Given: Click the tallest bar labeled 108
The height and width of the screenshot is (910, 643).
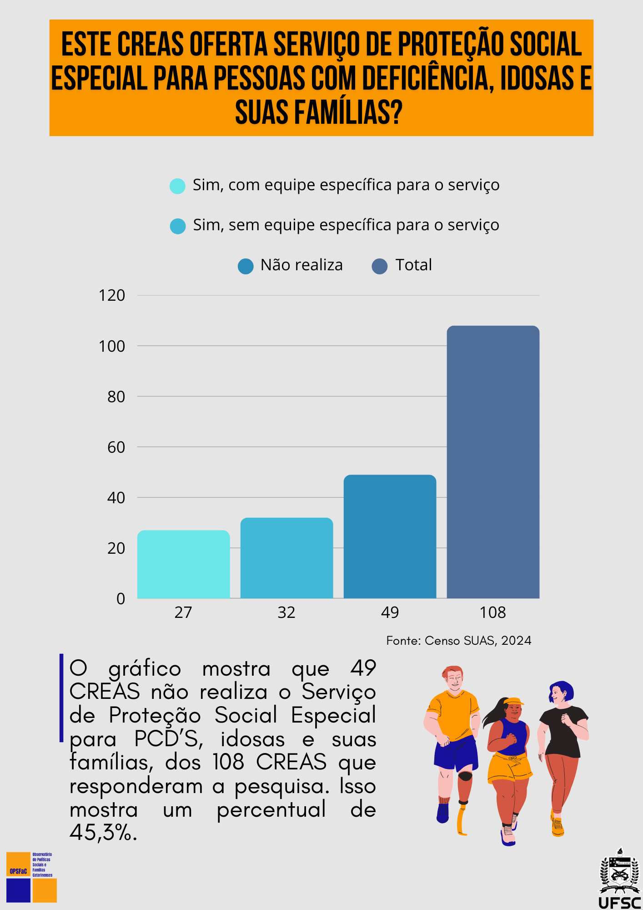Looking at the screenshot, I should coord(493,462).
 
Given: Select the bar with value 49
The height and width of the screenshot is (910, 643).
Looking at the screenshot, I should coord(390,537).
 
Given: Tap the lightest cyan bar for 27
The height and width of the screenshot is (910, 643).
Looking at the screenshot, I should coord(183,564).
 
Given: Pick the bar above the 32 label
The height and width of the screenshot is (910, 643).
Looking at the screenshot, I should coord(286,558).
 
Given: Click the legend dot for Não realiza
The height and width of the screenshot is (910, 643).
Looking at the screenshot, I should coord(246,266).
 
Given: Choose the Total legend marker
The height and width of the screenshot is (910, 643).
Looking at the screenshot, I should coord(380,266).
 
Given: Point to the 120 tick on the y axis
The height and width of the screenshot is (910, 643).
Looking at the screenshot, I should coord(112,296).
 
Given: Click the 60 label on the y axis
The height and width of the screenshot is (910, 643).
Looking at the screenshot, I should coord(116,448).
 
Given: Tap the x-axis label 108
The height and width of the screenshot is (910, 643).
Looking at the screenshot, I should coord(492,613).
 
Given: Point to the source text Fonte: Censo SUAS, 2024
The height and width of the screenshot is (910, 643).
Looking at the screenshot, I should coord(458,641).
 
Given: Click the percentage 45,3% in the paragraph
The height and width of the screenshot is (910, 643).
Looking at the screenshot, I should coord(103,833).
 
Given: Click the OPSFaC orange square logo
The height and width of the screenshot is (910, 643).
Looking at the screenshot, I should coord(18,864).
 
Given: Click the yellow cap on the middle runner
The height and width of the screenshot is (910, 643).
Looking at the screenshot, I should coord(514,701).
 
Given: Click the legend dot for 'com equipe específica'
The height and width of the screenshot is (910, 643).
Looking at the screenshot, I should coord(177,186).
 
